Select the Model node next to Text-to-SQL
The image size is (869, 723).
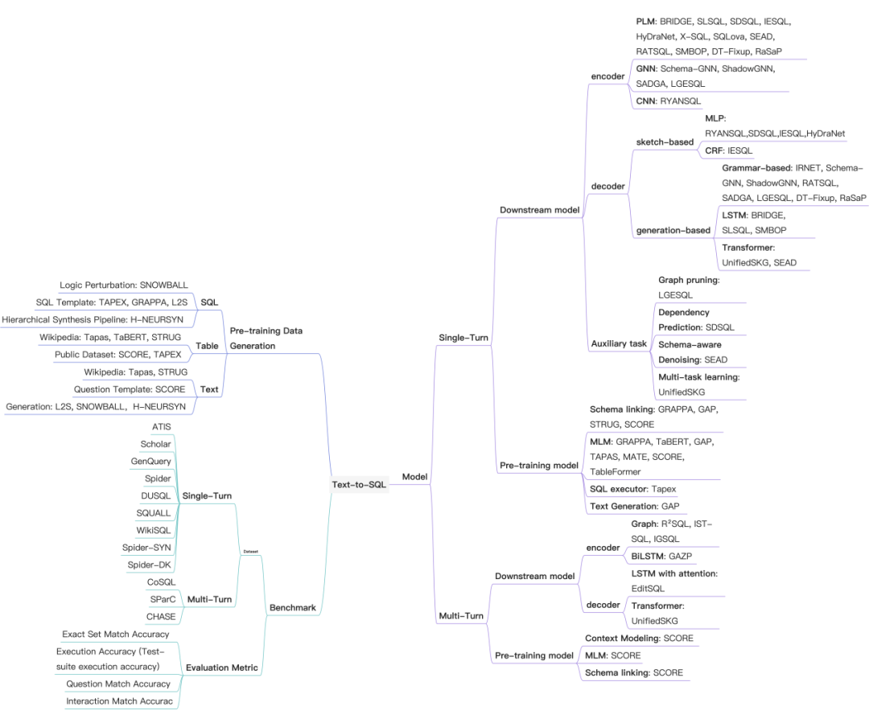[x=414, y=477]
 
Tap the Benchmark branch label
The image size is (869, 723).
[x=292, y=608]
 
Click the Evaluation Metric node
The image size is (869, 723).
[x=222, y=668]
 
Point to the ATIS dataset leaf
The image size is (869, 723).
[x=161, y=426]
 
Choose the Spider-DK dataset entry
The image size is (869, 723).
[x=150, y=565]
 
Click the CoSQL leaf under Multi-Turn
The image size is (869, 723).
[x=161, y=581]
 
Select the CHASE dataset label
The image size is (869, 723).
[x=160, y=617]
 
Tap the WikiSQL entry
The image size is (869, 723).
[x=157, y=530]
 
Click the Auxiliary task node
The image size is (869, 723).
[x=619, y=343]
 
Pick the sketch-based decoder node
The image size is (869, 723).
[x=665, y=142]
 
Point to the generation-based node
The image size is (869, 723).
[x=673, y=230]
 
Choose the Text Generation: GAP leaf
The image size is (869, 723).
[x=634, y=506]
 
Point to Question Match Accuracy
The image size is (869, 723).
[x=118, y=684]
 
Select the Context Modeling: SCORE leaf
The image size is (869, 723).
[x=639, y=639]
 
